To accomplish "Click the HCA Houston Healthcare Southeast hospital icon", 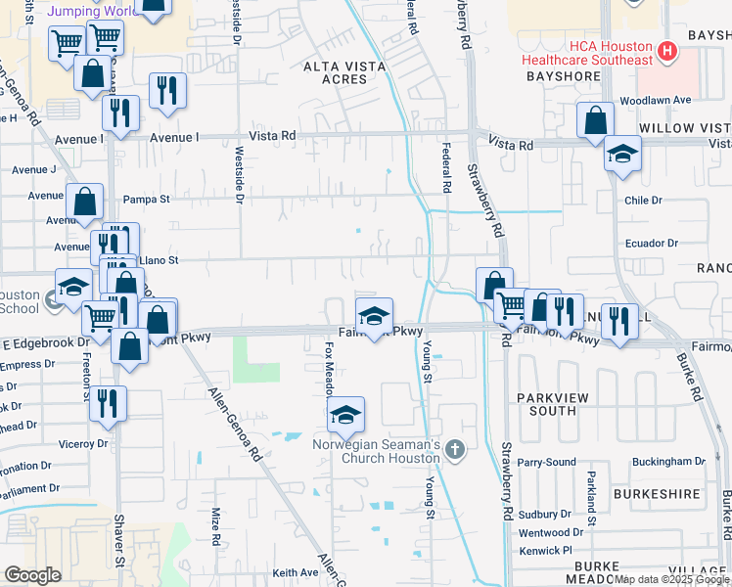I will coord(668,50).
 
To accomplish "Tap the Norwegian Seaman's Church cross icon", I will coord(453,450).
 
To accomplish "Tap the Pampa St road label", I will coord(146,200).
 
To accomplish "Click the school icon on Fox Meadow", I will coord(345,414).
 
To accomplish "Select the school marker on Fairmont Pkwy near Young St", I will coord(374,315).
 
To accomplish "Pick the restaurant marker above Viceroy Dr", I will coord(108,402).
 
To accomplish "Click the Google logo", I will coord(33,575).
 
